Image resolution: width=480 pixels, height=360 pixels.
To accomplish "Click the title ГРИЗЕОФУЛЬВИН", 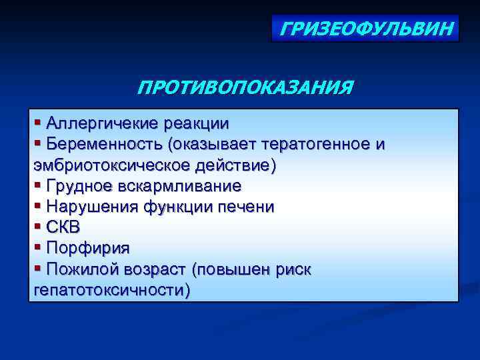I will tap(365, 29).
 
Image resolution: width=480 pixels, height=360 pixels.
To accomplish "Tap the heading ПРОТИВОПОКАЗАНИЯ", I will tap(244, 88).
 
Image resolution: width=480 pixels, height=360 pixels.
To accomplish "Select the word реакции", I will tap(197, 123).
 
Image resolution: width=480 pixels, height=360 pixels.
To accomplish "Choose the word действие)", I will tap(237, 165).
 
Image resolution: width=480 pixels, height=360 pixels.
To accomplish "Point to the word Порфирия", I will tap(88, 248).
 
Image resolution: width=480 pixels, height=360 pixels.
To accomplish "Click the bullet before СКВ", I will tap(37, 227).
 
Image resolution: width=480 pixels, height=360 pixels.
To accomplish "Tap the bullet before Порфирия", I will tap(37, 247).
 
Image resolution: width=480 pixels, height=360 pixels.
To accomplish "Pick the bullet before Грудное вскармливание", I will tap(37, 185).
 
